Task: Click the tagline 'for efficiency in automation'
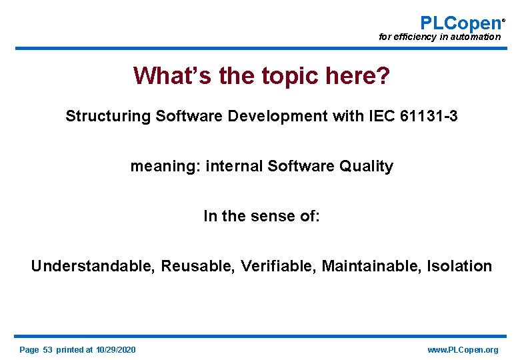click(x=439, y=37)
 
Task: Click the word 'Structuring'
click(x=108, y=116)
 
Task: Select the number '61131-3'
click(x=430, y=116)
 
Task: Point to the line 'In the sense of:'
click(x=261, y=216)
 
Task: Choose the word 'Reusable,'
click(x=198, y=266)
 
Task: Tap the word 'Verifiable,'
click(x=279, y=266)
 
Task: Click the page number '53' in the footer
click(x=47, y=350)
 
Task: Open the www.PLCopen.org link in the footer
click(x=463, y=350)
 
